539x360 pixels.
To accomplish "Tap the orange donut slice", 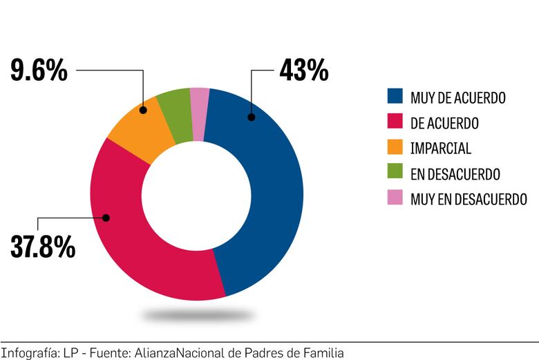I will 138,131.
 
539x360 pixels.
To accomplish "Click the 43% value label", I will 303,70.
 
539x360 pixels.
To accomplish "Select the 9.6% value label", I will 39,70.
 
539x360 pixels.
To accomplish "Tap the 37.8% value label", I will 43,246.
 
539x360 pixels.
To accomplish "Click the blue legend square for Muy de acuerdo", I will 395,97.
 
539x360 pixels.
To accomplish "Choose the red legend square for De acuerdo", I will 395,123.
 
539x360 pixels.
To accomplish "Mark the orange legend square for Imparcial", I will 395,148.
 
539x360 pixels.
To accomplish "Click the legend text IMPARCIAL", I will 440,149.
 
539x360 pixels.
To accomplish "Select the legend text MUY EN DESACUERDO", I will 469,200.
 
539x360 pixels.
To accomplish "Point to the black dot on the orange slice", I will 143,110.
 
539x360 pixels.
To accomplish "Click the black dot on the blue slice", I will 252,117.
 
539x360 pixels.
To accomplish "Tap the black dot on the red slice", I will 106,218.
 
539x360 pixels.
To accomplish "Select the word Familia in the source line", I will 322,352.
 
